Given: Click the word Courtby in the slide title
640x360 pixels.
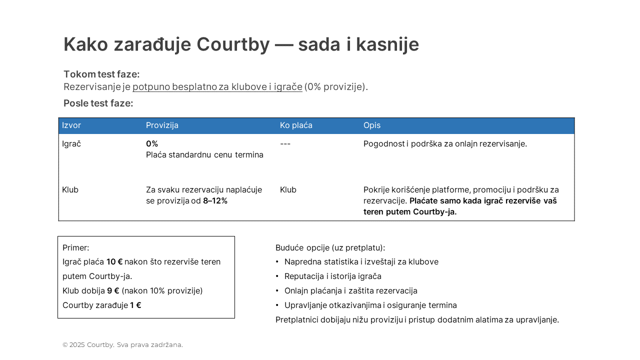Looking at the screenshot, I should click(x=232, y=44).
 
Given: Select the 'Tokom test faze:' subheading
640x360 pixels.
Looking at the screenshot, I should click(x=101, y=74).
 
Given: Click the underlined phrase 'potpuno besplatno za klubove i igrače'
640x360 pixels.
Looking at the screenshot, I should click(x=217, y=87).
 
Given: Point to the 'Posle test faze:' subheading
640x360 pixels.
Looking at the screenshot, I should click(x=98, y=103).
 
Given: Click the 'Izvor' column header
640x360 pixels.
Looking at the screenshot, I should click(x=71, y=125).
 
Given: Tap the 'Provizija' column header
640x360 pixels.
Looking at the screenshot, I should click(x=162, y=125).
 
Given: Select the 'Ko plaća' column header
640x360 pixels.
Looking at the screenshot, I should click(x=296, y=125).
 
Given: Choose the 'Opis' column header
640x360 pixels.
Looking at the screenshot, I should click(x=371, y=125).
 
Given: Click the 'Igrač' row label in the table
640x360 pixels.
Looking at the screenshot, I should click(x=71, y=144).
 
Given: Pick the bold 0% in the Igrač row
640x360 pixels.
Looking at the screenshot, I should click(x=152, y=144).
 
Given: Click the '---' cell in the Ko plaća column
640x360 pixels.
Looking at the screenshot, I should click(x=285, y=144).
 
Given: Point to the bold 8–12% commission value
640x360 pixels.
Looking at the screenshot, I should click(x=215, y=201).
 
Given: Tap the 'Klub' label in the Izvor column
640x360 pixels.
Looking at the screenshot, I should click(x=70, y=190).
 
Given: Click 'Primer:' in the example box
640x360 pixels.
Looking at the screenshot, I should click(x=76, y=248).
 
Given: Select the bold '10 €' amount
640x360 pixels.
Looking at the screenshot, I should click(x=114, y=262).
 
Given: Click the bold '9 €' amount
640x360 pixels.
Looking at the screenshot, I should click(x=113, y=291).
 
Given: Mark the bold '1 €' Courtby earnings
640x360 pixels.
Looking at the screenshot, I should click(x=135, y=305).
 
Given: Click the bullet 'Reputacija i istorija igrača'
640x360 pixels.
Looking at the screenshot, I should click(x=332, y=276).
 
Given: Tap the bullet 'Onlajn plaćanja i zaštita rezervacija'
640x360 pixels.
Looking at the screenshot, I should click(x=350, y=291).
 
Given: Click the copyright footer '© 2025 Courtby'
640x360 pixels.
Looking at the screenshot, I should click(x=88, y=345).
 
